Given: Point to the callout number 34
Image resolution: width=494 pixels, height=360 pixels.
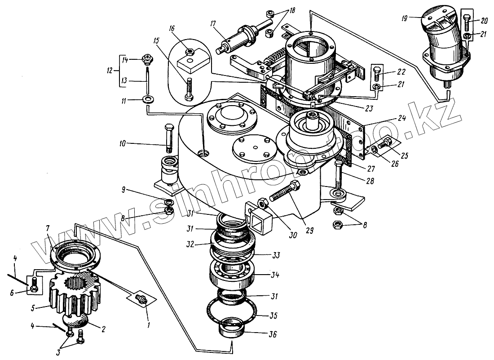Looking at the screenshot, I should coord(275,274).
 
